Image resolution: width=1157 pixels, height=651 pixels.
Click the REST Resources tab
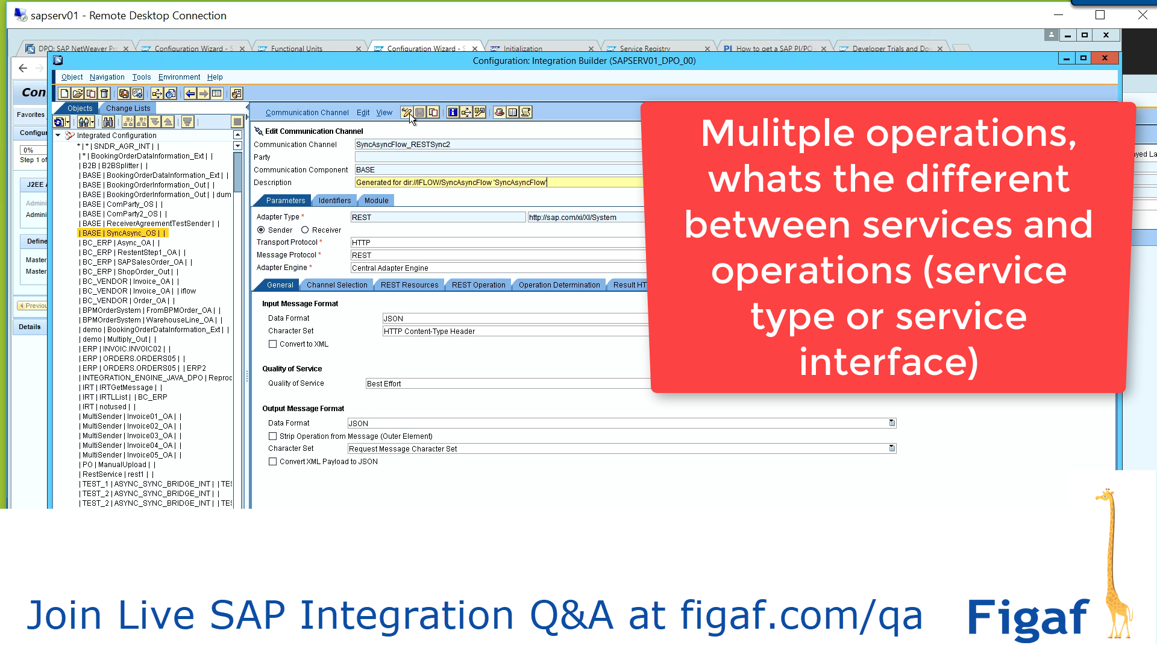[x=409, y=285]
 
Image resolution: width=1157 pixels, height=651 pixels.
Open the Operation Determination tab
[x=559, y=285]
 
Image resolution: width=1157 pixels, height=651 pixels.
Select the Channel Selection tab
[x=336, y=285]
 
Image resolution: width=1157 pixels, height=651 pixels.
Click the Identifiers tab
[x=334, y=201]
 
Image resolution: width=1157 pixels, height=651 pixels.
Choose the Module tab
[x=376, y=201]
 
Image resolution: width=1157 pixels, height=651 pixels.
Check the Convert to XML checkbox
[x=273, y=344]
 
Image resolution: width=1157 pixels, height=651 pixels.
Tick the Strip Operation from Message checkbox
[x=273, y=436]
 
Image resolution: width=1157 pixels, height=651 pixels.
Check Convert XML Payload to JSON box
[x=273, y=462]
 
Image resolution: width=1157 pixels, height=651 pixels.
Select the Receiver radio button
[x=305, y=230]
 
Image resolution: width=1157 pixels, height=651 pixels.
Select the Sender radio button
[x=261, y=230]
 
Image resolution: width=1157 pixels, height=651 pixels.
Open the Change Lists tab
[x=128, y=108]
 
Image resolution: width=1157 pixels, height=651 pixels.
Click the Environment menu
[x=179, y=77]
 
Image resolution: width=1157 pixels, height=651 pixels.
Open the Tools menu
[x=142, y=77]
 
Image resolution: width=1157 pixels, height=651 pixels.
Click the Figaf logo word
[x=1028, y=618]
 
